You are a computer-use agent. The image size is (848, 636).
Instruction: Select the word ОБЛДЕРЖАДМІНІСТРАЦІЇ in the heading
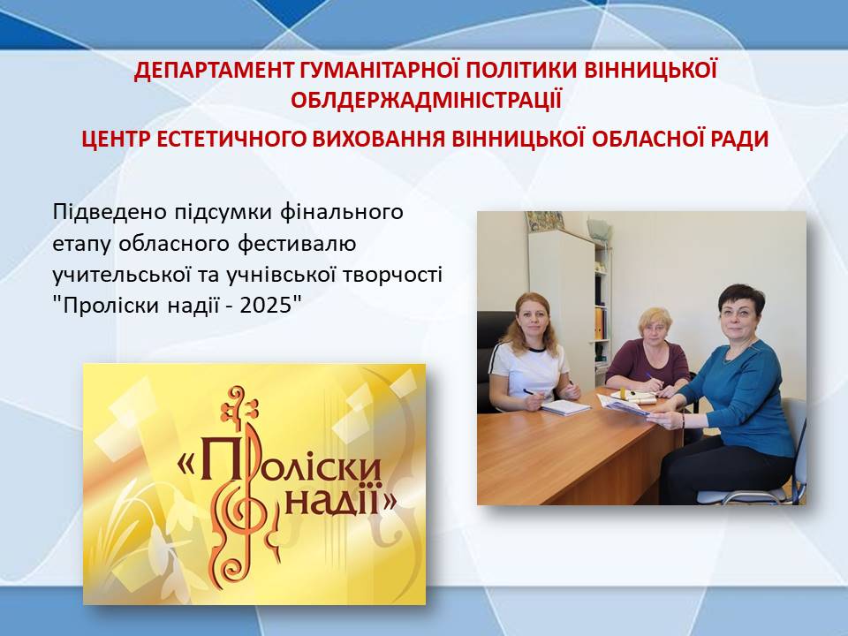pos(426,100)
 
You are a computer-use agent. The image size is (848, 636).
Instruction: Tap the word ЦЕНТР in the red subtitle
pos(116,140)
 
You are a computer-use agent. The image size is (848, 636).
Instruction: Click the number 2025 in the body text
pos(265,307)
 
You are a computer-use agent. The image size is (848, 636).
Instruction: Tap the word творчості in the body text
pos(392,275)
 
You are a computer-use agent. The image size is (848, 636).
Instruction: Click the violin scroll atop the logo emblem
pos(238,404)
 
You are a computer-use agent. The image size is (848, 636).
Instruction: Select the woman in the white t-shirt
pos(530,357)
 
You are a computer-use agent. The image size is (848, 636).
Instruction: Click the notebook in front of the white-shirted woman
pos(565,406)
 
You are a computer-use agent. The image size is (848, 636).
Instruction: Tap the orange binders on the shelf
pos(599,323)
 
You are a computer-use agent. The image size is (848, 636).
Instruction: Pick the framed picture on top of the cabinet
pos(545,220)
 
